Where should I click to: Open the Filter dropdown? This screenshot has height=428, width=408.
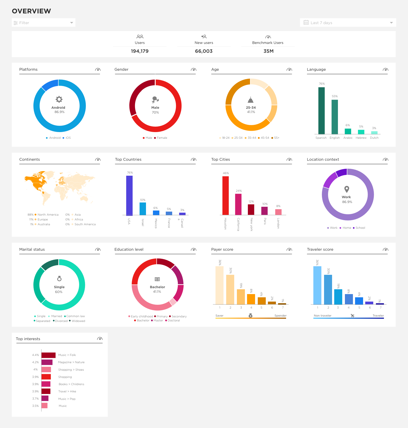43,23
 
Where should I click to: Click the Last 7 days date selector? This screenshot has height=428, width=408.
348,23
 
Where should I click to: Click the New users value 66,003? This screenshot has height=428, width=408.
204,51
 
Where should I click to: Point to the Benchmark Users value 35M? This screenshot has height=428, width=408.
268,51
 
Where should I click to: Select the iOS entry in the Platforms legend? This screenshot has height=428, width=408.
68,138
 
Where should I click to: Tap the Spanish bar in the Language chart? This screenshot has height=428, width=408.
321,111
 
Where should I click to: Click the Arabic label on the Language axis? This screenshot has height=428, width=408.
348,138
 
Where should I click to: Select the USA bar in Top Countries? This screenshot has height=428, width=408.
129,195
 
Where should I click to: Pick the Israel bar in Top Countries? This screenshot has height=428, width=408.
143,209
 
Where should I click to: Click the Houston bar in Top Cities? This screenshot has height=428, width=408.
225,196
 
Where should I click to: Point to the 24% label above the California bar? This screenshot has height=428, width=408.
239,191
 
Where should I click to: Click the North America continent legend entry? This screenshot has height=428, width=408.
48,215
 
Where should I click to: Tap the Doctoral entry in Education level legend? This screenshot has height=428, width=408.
174,321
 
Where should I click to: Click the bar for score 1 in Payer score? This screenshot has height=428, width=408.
220,285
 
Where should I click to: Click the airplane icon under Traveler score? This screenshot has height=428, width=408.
353,316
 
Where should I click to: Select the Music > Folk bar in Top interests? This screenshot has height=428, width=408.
48,355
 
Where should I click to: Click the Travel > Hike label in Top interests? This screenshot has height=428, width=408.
67,392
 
